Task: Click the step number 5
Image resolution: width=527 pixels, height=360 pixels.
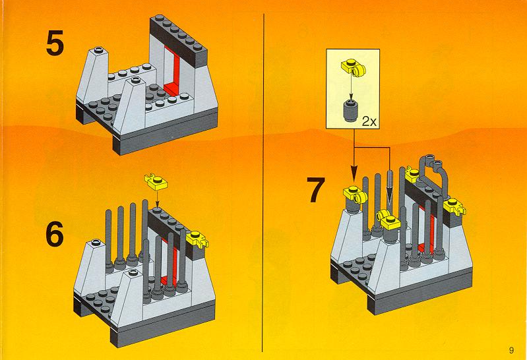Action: click(x=55, y=43)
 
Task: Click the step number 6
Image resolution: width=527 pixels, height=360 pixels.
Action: click(x=55, y=234)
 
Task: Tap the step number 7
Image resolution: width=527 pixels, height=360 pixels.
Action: click(x=316, y=190)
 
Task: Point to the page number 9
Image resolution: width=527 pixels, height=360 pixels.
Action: click(x=511, y=350)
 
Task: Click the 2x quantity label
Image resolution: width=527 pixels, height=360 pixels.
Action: click(x=369, y=122)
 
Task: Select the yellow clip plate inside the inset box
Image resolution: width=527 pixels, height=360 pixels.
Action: click(x=354, y=67)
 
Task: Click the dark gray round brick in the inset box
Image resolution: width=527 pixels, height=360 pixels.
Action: click(x=350, y=110)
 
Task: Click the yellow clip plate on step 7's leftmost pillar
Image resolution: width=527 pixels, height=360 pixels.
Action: click(x=355, y=195)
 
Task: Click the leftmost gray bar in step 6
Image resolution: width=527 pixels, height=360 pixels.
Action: click(x=109, y=239)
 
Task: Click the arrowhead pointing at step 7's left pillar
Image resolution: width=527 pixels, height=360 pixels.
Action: click(x=354, y=174)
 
